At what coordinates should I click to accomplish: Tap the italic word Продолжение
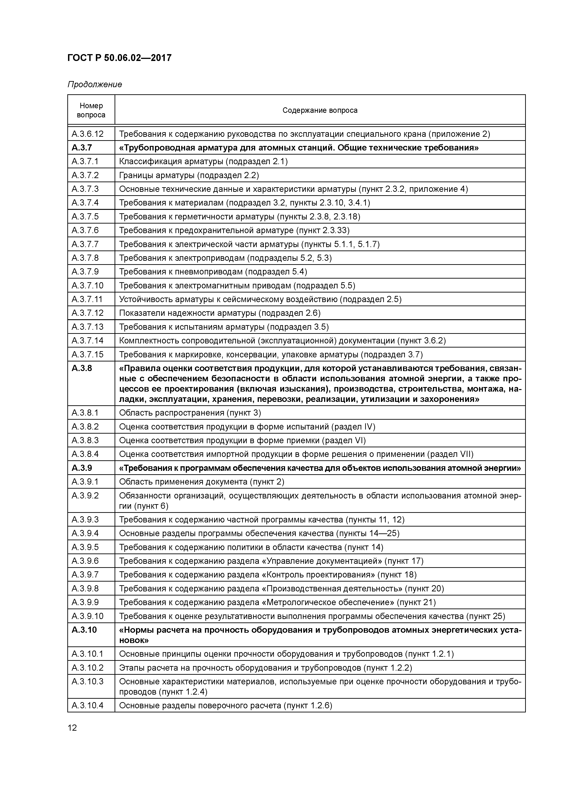click(94, 84)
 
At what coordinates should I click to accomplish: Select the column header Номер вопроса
click(91, 110)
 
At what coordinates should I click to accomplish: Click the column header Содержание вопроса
click(320, 110)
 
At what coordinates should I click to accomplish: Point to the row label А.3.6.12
click(88, 134)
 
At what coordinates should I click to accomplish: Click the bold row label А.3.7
click(82, 148)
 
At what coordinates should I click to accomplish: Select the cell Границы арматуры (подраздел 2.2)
click(189, 175)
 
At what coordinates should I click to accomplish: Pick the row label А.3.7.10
click(88, 285)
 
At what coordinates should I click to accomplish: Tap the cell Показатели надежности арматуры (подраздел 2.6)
click(220, 313)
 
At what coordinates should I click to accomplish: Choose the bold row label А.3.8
click(82, 368)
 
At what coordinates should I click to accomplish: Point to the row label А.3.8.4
click(85, 454)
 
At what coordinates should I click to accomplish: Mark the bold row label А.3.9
click(82, 468)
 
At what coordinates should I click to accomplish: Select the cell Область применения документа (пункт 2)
click(202, 482)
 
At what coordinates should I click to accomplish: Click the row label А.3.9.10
click(88, 616)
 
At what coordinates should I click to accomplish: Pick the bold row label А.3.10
click(84, 630)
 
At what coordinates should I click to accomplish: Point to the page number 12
click(72, 728)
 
